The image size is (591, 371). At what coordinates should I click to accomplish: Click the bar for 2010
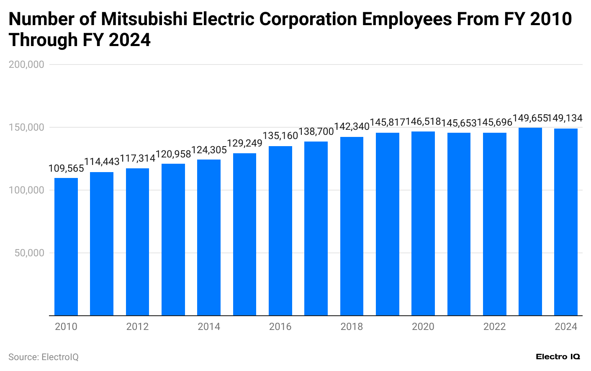coord(66,247)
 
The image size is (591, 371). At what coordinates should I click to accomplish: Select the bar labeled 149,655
coord(530,222)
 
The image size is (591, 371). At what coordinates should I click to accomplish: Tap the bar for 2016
coord(280,231)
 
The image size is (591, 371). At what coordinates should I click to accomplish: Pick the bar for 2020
coord(423,224)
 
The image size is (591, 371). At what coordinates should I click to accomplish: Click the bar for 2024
coord(565,222)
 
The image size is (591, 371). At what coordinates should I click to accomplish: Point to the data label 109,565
coord(66,168)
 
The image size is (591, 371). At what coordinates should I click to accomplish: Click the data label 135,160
coord(280,136)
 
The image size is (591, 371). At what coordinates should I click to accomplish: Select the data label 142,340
coord(352,126)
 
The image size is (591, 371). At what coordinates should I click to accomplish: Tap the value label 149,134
coord(565,118)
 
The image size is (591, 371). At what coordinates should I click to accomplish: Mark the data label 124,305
coord(209,149)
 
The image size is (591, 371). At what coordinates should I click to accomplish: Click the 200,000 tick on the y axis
coord(26,64)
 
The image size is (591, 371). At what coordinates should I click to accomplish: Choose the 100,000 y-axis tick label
coord(26,190)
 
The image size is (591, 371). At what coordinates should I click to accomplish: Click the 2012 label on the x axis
coord(137,327)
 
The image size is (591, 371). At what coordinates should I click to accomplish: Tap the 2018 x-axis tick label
coord(352,327)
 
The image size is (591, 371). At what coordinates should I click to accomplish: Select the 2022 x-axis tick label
coord(494,327)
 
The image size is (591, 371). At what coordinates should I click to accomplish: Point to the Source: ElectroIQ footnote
coord(44,357)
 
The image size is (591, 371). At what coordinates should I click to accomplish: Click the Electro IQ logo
coord(558,357)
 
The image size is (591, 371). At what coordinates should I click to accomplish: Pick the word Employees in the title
coord(406,19)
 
